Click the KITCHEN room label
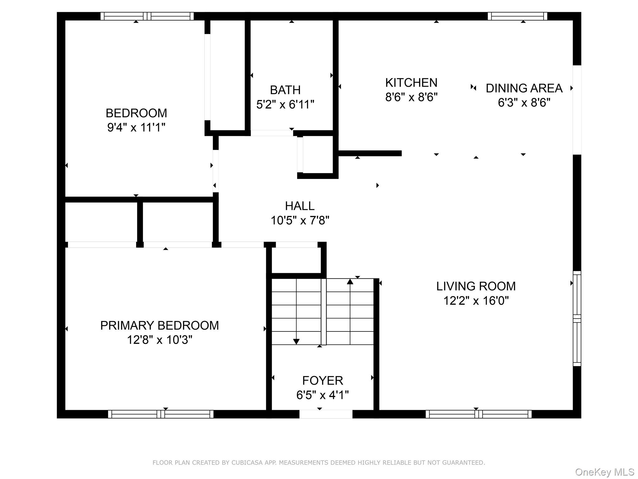[411, 83]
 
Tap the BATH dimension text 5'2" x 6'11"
[285, 104]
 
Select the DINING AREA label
[524, 88]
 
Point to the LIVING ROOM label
[476, 286]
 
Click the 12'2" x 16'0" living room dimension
[476, 301]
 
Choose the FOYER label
[322, 381]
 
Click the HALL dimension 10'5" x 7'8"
[300, 221]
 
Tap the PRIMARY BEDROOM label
[159, 326]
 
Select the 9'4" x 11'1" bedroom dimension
[136, 128]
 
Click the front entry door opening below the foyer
[326, 414]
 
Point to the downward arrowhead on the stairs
[296, 341]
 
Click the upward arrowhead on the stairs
[350, 282]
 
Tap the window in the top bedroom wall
[147, 16]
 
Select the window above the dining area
[517, 16]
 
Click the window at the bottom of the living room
[478, 414]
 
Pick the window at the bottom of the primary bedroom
[160, 414]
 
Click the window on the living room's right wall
[577, 318]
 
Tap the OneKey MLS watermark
[604, 472]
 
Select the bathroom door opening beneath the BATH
[272, 133]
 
